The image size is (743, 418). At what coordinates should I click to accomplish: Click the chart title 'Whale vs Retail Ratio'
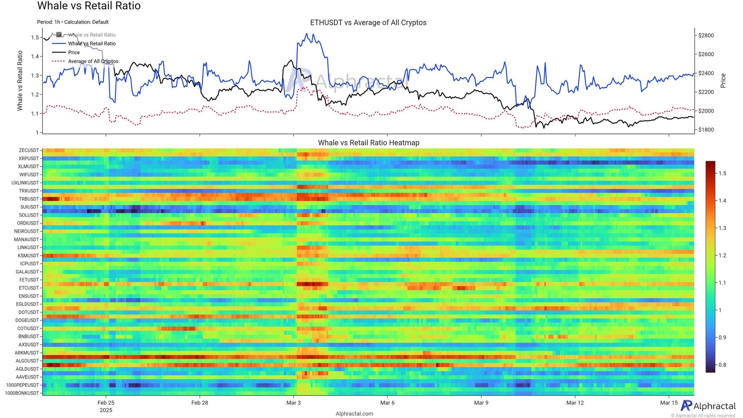coord(89,6)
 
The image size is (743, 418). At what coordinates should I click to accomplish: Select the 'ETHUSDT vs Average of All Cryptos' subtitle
coord(368,23)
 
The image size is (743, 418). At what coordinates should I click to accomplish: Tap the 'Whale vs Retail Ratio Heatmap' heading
coord(369,143)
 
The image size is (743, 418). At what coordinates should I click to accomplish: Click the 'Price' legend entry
coord(74,52)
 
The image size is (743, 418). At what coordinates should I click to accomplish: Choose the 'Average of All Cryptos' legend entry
coord(93,61)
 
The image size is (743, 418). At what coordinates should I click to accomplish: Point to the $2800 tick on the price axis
coord(706,36)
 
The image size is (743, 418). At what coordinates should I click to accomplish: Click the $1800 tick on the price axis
coord(706,130)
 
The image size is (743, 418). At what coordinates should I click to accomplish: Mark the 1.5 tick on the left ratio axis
coord(35,38)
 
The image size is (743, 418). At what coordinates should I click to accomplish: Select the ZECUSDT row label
coord(29,150)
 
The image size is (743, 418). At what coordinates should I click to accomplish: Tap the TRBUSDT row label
coord(29,199)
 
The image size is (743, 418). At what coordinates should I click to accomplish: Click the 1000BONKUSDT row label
coord(22,393)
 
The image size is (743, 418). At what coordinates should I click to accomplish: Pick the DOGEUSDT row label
coord(27,320)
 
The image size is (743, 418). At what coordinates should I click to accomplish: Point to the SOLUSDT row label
coord(29,215)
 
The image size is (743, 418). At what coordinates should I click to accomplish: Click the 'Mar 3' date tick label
coord(293,403)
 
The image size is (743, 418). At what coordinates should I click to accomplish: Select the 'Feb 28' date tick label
coord(199,403)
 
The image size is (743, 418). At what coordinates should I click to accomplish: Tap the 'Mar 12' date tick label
coord(575,403)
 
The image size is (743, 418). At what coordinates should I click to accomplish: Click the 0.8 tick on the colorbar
coord(722,365)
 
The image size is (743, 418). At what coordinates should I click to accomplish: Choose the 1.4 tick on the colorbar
coord(722,201)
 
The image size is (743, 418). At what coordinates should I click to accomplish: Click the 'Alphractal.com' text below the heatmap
coord(354,414)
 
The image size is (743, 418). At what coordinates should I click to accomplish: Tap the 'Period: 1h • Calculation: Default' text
coord(73,22)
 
